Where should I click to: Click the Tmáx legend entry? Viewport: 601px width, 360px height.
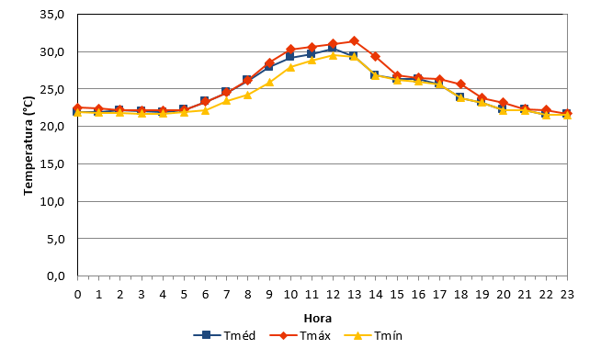tap(300, 335)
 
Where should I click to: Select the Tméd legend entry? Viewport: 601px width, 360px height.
tap(224, 335)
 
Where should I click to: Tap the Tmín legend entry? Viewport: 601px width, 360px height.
tap(373, 335)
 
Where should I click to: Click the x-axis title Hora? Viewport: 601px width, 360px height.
tap(318, 319)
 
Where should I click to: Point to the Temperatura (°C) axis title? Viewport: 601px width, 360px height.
tap(28, 145)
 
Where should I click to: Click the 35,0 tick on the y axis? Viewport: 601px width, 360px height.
tap(52, 15)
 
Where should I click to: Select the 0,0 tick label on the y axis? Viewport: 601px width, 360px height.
tap(55, 276)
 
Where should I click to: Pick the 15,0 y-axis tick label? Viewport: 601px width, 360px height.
tap(52, 163)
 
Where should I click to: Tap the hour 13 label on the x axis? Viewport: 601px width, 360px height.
tap(354, 295)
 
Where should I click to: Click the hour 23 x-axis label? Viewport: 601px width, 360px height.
tap(567, 295)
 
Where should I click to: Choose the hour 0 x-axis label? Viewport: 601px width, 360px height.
tap(77, 295)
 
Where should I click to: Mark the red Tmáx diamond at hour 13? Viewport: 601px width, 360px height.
tap(354, 41)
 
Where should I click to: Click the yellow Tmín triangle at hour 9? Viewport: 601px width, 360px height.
tap(269, 82)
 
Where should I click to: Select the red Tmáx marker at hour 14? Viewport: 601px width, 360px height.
tap(376, 57)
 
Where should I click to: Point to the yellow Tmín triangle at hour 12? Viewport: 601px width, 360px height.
tap(333, 55)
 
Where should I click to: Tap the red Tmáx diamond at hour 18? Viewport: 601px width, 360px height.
tap(460, 84)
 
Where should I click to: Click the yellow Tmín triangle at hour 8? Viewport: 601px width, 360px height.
tap(247, 95)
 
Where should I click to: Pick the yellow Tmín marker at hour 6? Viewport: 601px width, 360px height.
tap(205, 110)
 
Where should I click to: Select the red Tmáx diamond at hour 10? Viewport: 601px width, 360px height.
tap(290, 50)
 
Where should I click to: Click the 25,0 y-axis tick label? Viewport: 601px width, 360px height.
tap(52, 89)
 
